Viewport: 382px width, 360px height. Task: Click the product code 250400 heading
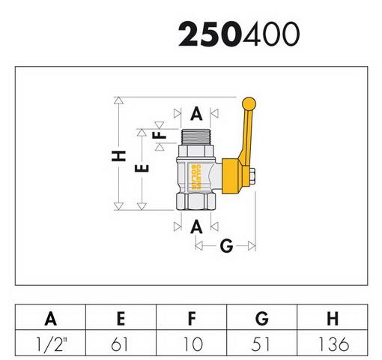(x=239, y=34)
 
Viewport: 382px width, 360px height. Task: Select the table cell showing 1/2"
(x=50, y=343)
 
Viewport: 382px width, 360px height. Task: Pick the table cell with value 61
(x=121, y=343)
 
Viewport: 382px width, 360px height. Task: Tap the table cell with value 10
(x=192, y=343)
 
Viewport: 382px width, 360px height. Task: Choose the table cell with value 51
(x=262, y=343)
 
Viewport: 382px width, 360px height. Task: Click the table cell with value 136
(x=333, y=343)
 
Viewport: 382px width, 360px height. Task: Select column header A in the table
(x=50, y=318)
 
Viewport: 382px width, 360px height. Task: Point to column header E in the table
(x=121, y=318)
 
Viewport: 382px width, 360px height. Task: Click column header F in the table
(x=192, y=318)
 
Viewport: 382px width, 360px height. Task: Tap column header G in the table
(x=262, y=318)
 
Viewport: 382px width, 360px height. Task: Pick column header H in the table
(x=333, y=318)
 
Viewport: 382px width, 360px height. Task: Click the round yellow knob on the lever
(x=249, y=103)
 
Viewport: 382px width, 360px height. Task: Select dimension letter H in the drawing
(x=118, y=156)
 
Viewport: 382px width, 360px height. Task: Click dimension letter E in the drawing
(x=142, y=169)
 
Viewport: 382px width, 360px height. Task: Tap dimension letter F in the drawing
(x=160, y=135)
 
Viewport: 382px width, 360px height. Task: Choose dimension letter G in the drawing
(x=226, y=245)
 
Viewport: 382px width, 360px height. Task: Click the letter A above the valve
(x=196, y=114)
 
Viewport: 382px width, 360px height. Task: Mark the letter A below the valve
(x=196, y=226)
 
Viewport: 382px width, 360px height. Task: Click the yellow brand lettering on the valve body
(x=195, y=177)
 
